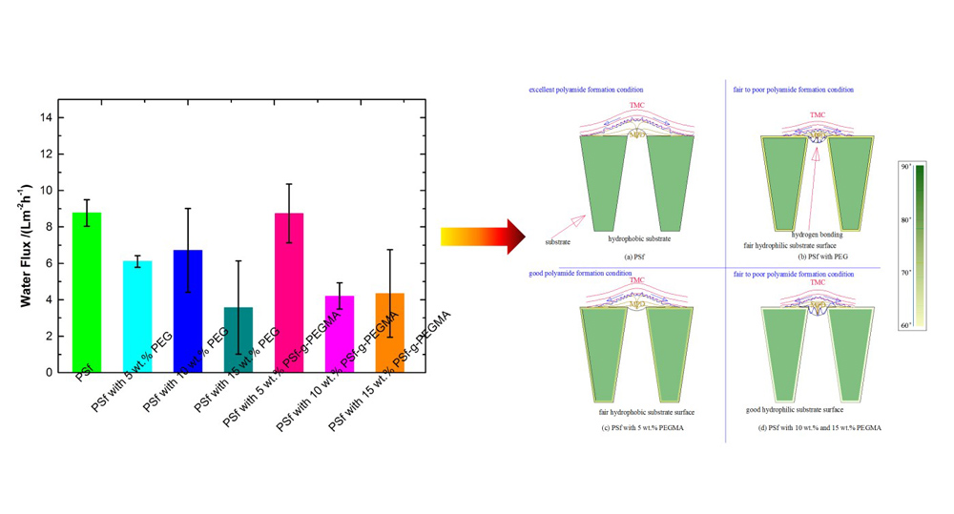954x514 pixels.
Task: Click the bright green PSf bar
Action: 86,292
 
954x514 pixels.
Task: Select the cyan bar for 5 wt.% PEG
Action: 137,316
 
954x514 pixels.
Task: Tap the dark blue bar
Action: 188,311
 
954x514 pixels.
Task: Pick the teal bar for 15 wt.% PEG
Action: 238,339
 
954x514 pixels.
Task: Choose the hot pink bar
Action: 289,292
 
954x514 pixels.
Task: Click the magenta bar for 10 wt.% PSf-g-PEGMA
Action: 340,334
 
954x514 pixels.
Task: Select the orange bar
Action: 389,333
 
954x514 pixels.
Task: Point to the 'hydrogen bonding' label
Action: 817,235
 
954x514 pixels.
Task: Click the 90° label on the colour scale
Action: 905,167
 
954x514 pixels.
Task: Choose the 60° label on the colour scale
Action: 905,325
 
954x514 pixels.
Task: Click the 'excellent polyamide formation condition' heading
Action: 586,90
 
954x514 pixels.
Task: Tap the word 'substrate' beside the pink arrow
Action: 557,242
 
